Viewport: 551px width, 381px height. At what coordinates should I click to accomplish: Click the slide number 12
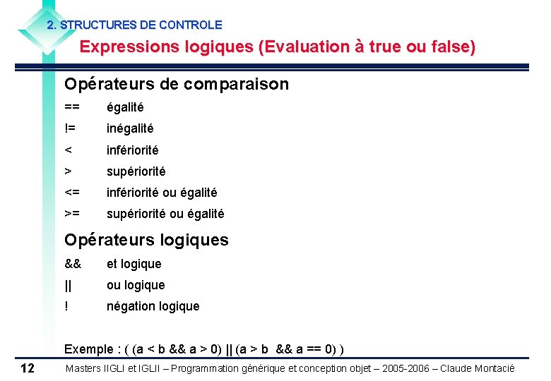[28, 368]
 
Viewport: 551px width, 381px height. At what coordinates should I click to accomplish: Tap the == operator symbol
[72, 107]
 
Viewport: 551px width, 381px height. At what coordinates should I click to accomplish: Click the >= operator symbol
[72, 214]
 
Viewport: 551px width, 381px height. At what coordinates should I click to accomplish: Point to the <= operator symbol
[72, 193]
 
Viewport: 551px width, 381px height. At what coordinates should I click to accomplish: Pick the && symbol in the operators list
[73, 264]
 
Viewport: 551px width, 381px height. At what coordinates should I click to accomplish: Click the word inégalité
[130, 128]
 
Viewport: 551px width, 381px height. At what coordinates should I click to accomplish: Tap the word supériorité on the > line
[136, 171]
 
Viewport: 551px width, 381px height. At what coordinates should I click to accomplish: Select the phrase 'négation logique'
[153, 306]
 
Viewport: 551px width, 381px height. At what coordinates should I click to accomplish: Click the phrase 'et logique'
[134, 264]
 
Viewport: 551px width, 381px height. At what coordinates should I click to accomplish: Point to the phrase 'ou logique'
[136, 285]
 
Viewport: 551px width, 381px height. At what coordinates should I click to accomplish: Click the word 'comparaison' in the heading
[236, 85]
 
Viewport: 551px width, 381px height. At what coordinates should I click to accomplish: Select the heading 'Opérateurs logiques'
[146, 240]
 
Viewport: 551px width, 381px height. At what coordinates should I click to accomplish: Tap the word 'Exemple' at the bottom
[88, 349]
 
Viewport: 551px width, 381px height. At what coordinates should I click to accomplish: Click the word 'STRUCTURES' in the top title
[98, 25]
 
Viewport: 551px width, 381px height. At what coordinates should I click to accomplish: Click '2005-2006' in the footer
[400, 368]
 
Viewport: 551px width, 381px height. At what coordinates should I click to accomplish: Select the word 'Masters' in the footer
[84, 368]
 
